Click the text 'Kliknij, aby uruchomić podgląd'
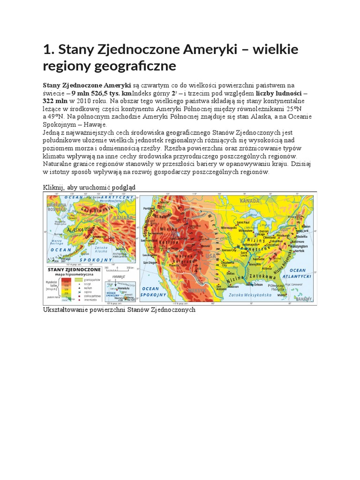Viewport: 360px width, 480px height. click(x=89, y=187)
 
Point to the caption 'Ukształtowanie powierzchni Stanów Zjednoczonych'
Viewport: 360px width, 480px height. click(x=119, y=310)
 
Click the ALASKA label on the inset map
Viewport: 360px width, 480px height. click(x=75, y=230)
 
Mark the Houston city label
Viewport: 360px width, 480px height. click(x=233, y=286)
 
